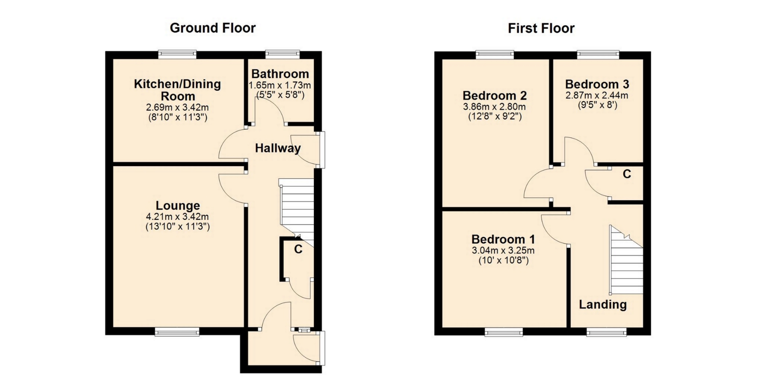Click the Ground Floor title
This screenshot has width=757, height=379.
click(213, 28)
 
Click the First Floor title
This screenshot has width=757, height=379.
click(541, 28)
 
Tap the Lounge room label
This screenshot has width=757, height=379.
click(178, 206)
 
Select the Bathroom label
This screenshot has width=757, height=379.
click(280, 74)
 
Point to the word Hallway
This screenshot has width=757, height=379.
click(278, 148)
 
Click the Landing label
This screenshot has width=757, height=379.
click(602, 304)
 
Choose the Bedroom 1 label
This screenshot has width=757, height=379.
click(503, 239)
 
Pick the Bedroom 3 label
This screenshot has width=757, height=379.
click(597, 84)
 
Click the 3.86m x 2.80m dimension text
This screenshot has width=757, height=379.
click(494, 107)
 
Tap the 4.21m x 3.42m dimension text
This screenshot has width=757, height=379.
click(177, 216)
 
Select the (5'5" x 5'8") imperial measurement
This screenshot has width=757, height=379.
click(280, 95)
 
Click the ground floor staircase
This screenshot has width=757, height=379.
click(296, 213)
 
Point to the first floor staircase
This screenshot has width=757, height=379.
click(626, 260)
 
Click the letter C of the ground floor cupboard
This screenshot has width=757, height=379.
click(298, 250)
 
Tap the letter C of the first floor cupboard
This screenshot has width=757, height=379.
click(627, 174)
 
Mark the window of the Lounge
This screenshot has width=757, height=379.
click(177, 332)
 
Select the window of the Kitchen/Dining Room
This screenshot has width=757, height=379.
click(177, 54)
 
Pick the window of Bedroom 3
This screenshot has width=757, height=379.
click(598, 54)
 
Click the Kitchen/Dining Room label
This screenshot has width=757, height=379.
click(177, 90)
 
